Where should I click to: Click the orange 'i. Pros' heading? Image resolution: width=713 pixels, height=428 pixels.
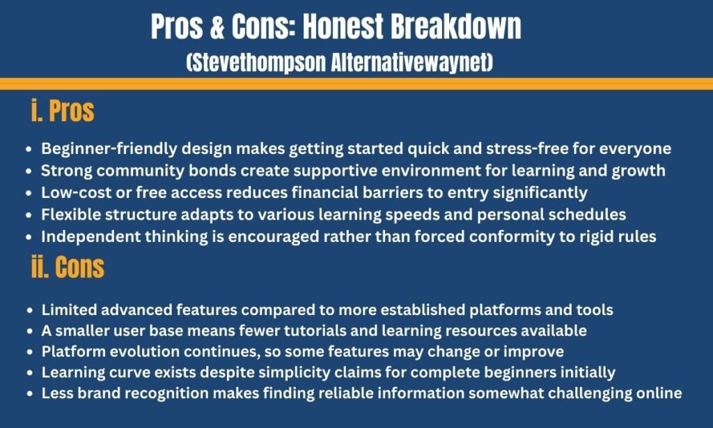tap(63, 112)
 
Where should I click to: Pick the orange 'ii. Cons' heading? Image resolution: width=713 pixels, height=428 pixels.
tap(68, 268)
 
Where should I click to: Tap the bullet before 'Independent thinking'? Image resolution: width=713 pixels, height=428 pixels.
tap(29, 237)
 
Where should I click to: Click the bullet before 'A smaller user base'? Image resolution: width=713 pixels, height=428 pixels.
tap(29, 331)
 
